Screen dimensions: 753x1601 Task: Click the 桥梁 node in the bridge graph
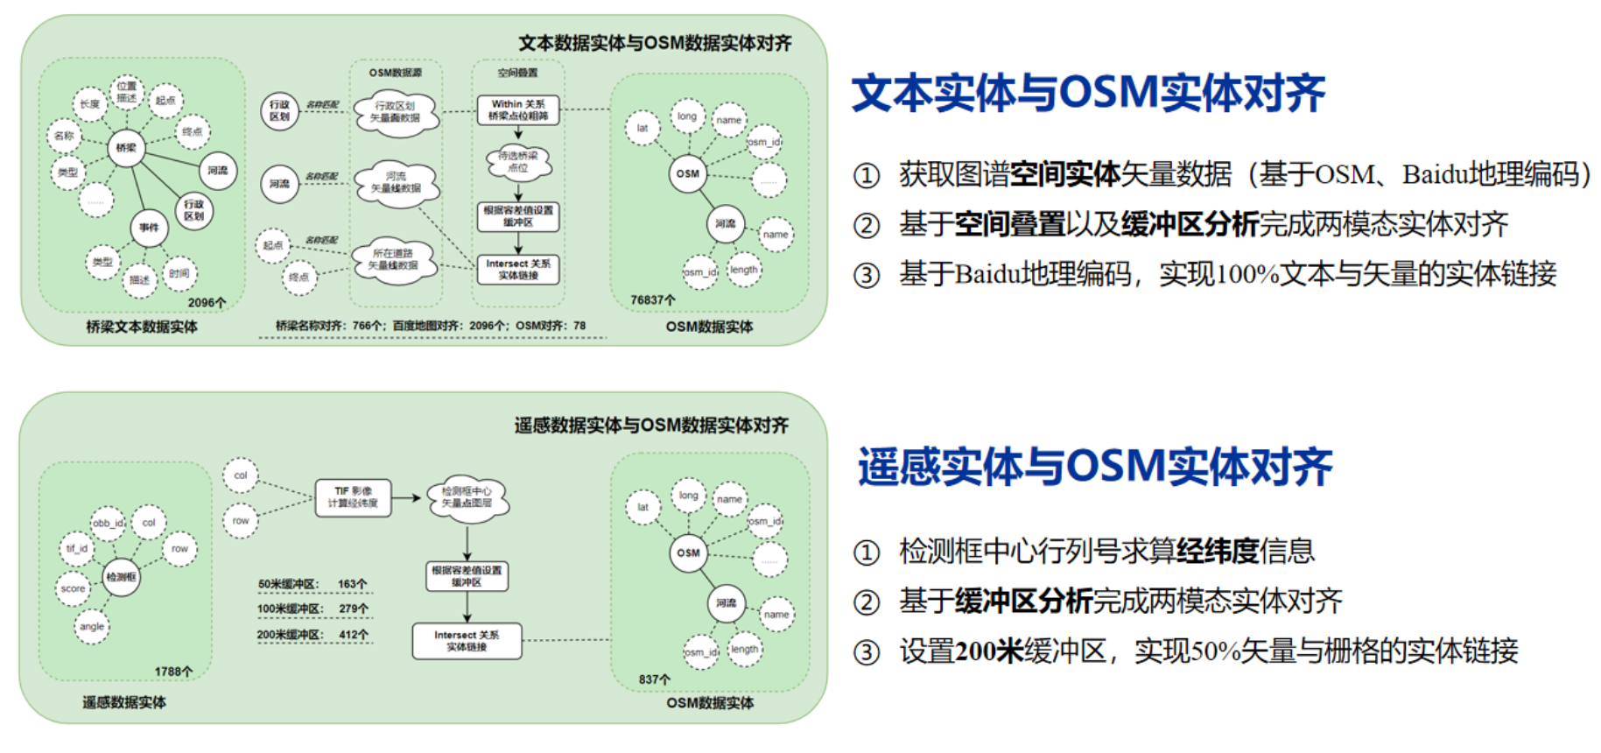tap(126, 147)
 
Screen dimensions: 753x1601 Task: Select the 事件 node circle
tap(150, 228)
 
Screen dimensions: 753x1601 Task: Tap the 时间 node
tap(179, 273)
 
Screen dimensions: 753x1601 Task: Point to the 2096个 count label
tap(207, 303)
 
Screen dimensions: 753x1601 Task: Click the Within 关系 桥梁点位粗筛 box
tap(518, 110)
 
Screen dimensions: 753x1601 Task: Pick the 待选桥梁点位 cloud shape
tap(518, 161)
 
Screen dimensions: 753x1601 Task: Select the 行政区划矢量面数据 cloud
tap(395, 112)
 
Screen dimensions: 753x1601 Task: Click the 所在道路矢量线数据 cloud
tap(393, 259)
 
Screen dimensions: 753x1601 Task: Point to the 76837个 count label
tap(653, 300)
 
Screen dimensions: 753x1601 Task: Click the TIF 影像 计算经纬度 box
tap(353, 497)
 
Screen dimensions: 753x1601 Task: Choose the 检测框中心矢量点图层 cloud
tap(467, 497)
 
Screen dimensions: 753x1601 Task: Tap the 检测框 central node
tap(121, 577)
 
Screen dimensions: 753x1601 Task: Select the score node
tap(74, 588)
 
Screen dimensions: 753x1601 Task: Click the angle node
tap(92, 626)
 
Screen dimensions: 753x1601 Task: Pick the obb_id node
tap(109, 524)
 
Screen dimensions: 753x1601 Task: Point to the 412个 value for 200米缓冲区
tap(354, 635)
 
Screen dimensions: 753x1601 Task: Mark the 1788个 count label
tap(173, 672)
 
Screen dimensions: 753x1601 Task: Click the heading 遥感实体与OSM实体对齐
tap(1095, 467)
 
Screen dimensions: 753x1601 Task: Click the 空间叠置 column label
tap(517, 73)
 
